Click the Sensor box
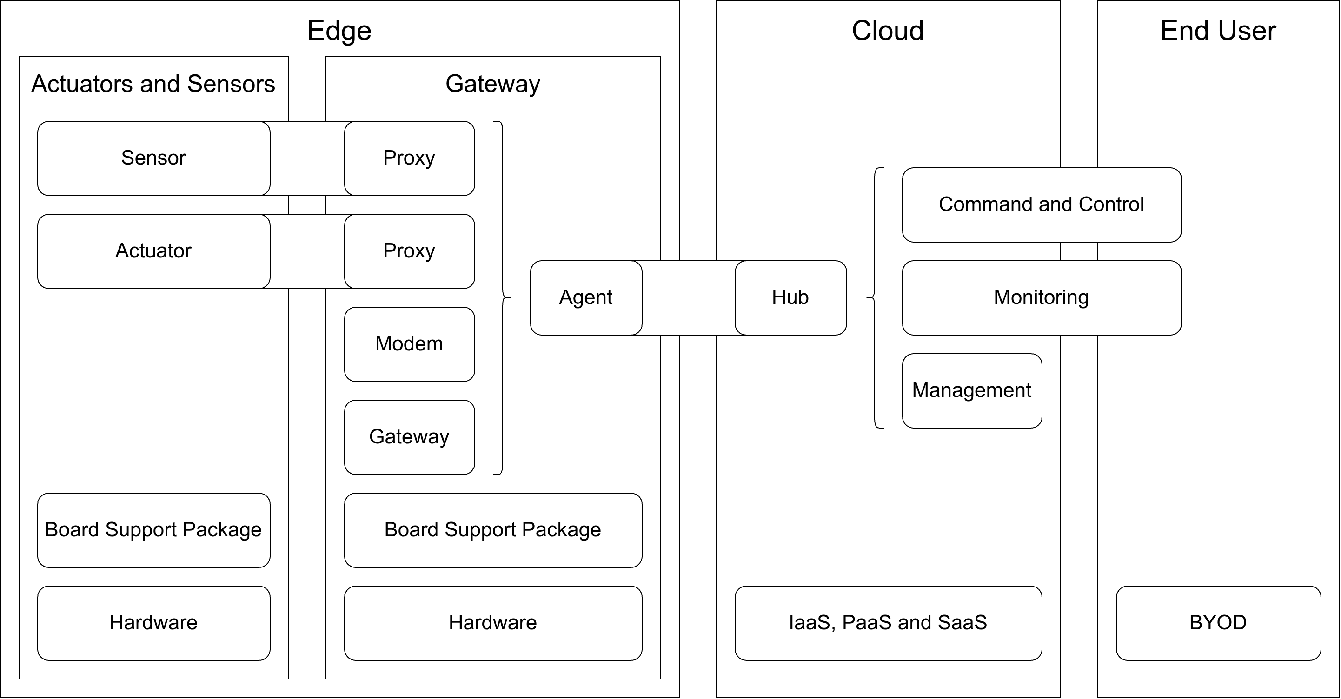click(x=153, y=158)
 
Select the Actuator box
click(x=153, y=251)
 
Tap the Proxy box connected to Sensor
click(x=409, y=158)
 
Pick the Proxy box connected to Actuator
click(x=409, y=251)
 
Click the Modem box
click(x=409, y=344)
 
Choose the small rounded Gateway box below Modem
click(x=409, y=437)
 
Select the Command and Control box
click(x=1041, y=204)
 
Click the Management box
click(x=971, y=390)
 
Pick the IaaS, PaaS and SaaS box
click(x=888, y=623)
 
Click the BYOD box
click(x=1218, y=623)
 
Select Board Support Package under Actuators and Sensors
click(x=153, y=530)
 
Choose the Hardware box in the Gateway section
click(x=492, y=623)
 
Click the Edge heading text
click(x=339, y=31)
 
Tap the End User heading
click(x=1218, y=31)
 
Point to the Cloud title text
click(x=888, y=31)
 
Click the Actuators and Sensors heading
click(x=153, y=84)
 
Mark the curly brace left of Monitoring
click(x=875, y=298)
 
